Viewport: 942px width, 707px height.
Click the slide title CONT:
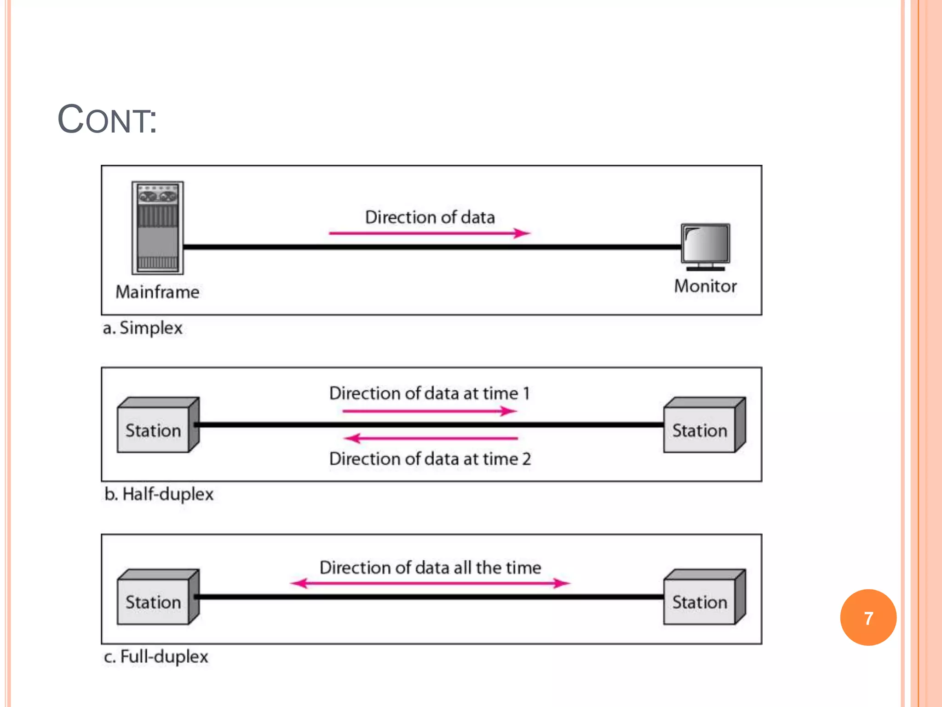(107, 120)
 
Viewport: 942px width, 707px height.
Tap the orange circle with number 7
(868, 617)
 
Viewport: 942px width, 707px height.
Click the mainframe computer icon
(158, 227)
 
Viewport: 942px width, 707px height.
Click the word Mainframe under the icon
(157, 292)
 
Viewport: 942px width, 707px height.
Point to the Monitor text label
(705, 286)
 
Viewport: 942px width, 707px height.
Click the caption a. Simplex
(143, 328)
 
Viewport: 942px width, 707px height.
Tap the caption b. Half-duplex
(159, 494)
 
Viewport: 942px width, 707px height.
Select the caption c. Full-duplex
(156, 656)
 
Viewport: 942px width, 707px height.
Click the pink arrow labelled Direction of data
(430, 233)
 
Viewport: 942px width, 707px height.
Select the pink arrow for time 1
(430, 411)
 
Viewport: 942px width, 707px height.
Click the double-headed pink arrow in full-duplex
(430, 583)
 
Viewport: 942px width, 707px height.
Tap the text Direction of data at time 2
(430, 459)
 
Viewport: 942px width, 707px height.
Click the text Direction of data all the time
(430, 568)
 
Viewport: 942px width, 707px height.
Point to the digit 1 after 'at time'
(526, 394)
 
